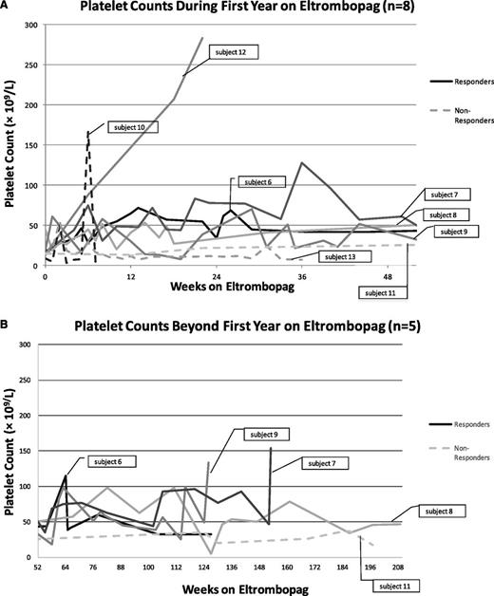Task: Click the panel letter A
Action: (6, 6)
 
